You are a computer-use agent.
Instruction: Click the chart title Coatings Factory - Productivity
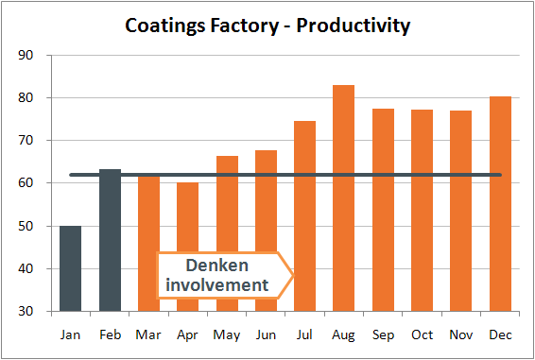tap(267, 26)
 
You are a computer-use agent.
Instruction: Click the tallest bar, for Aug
tap(344, 197)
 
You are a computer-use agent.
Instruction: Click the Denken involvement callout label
tap(225, 275)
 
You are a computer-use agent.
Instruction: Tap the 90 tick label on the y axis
tap(26, 56)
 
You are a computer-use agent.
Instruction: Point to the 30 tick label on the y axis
tap(26, 312)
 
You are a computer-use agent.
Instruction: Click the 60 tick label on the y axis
tap(26, 184)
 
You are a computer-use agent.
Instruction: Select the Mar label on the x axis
tap(148, 334)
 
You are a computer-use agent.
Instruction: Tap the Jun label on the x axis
tap(266, 334)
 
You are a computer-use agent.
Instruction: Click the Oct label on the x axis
tap(422, 334)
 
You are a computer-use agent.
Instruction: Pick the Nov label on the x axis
tap(461, 334)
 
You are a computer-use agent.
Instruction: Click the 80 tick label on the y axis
tap(26, 98)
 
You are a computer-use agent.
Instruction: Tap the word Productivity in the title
tap(354, 26)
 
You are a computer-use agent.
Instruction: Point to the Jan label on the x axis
tap(71, 334)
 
